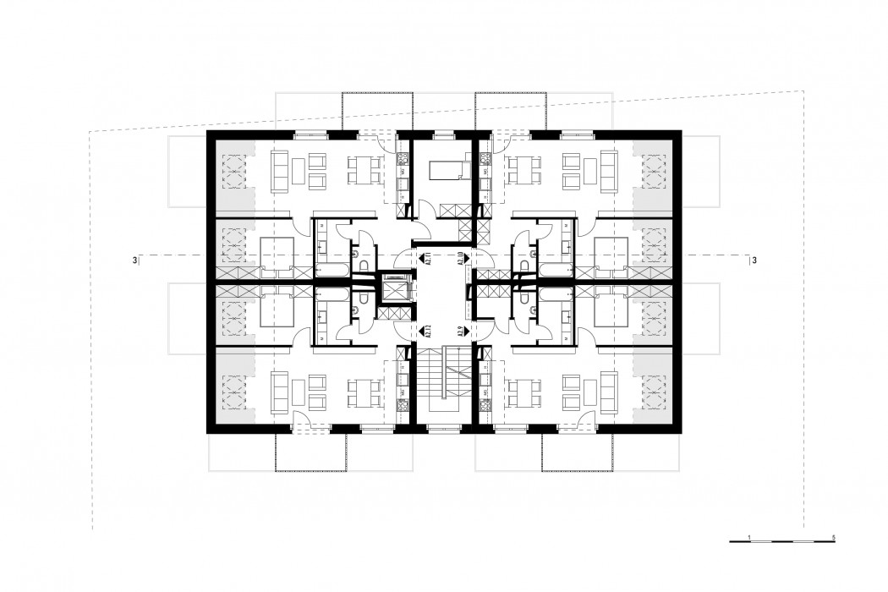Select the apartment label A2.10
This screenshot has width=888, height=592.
click(461, 259)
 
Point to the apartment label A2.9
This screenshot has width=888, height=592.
click(461, 332)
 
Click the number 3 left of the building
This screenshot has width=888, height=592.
click(134, 260)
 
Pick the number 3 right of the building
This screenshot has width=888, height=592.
click(754, 260)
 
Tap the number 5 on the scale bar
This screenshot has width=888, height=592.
click(835, 538)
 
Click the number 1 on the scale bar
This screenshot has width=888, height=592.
click(750, 538)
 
